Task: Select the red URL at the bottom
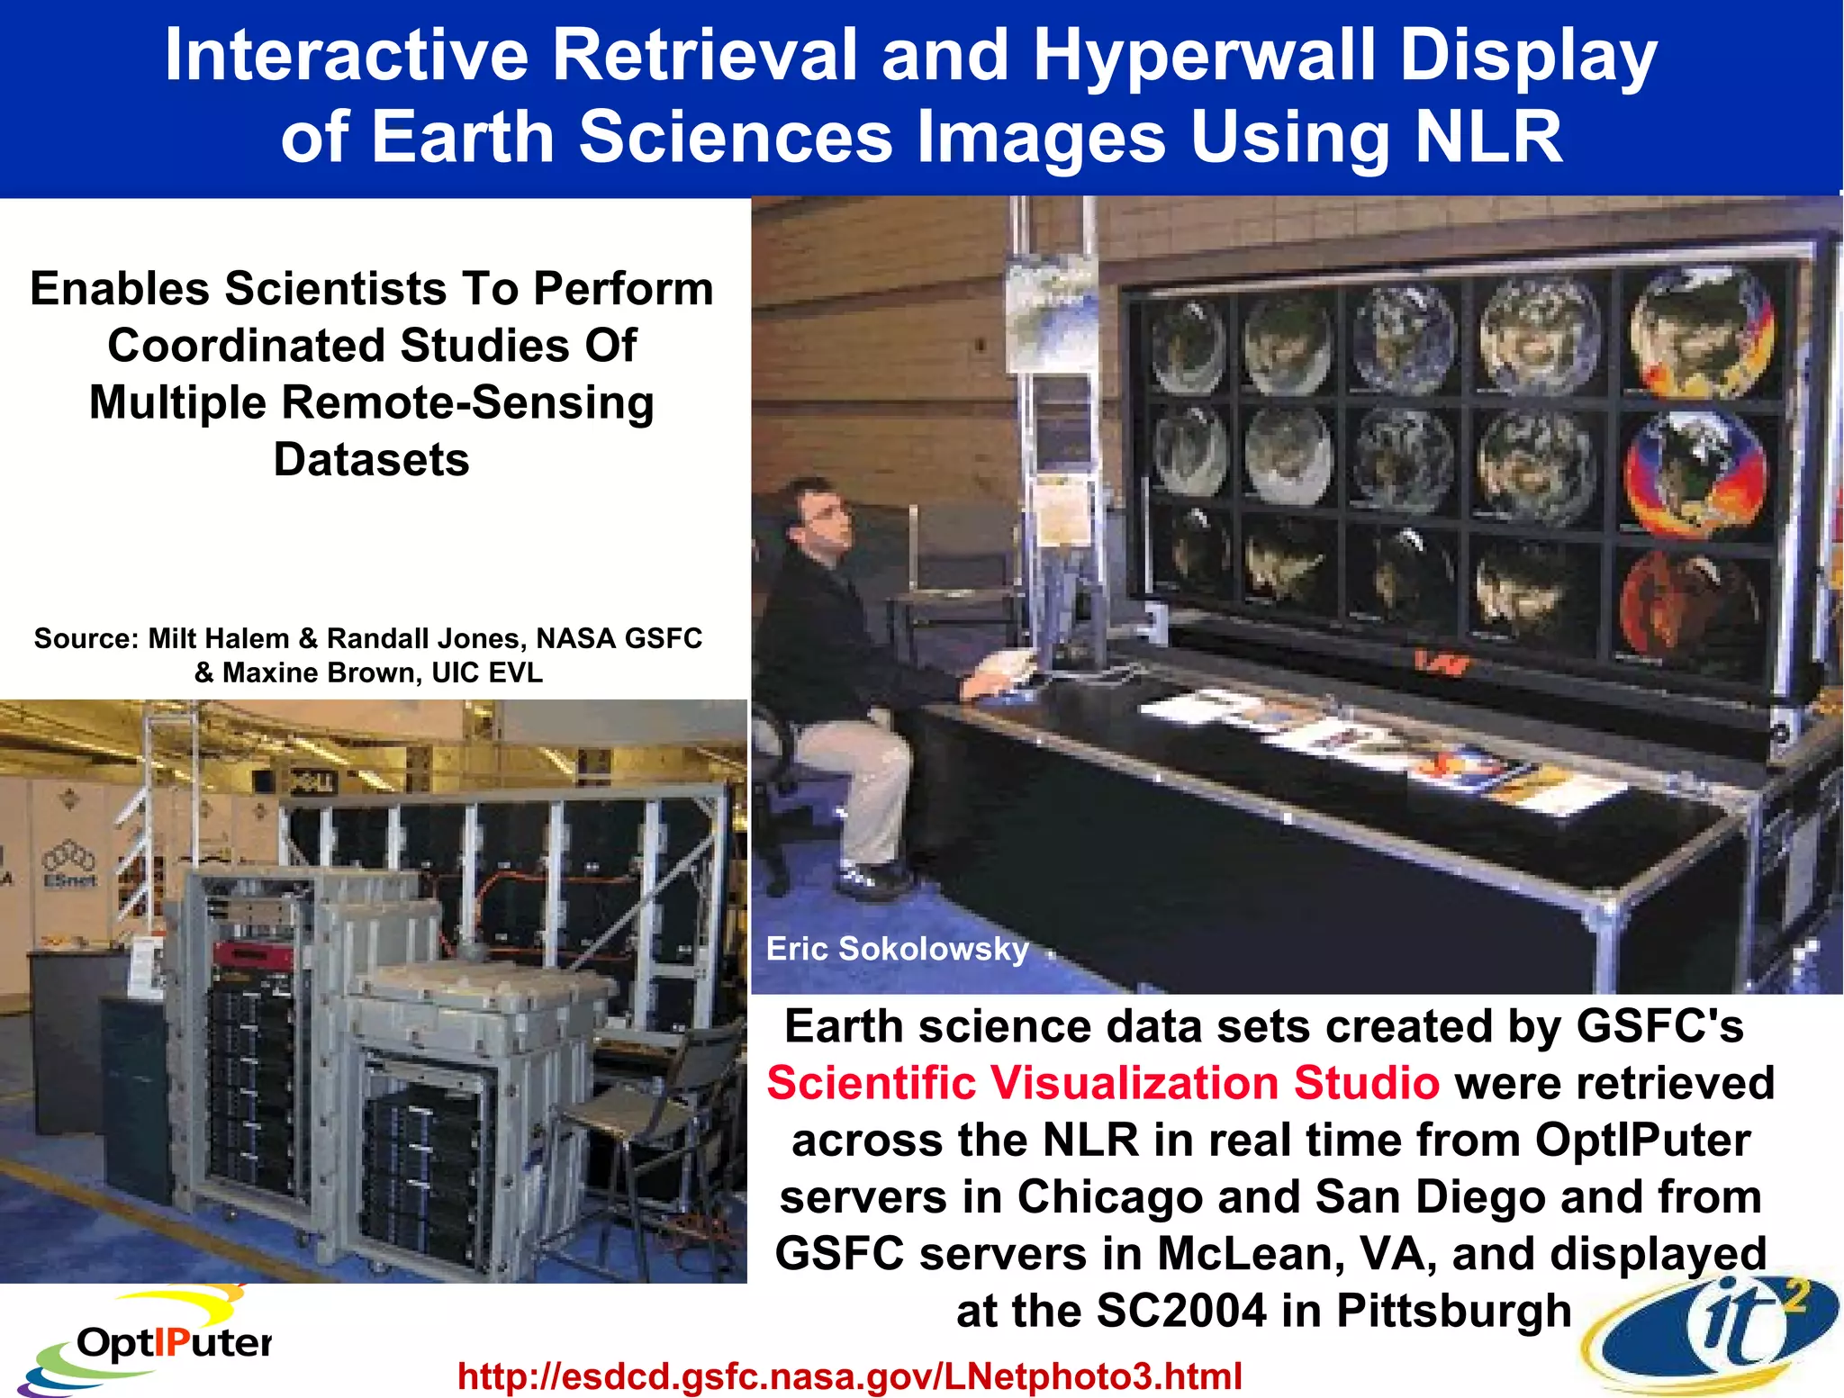pos(849,1375)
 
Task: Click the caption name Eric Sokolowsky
pos(897,949)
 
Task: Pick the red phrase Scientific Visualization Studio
pos(1103,1082)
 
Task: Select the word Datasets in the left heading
pos(371,459)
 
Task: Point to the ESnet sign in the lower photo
pos(70,869)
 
